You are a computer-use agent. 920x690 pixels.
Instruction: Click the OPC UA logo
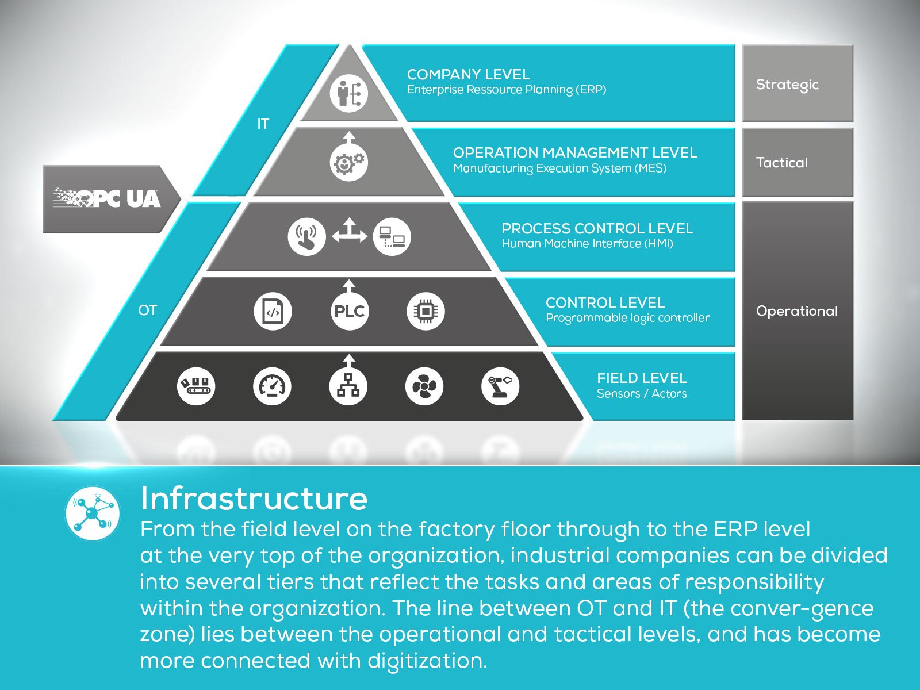108,198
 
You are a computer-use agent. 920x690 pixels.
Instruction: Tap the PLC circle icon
349,311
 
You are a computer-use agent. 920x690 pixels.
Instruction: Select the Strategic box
798,84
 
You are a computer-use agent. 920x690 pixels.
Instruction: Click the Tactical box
798,163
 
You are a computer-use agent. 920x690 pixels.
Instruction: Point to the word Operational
796,311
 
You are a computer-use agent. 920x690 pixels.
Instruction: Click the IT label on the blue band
263,124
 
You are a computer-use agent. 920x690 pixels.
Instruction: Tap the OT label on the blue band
147,310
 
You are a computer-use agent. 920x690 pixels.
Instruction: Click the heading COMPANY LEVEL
468,74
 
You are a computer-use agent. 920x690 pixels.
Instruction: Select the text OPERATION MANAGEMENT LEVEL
575,152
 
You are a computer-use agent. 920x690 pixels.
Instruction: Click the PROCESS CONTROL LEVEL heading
597,228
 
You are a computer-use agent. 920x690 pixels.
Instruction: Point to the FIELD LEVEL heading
642,378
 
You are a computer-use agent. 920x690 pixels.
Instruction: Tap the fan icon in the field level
424,386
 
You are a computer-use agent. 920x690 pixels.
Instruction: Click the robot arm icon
500,386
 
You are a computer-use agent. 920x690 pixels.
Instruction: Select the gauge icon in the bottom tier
272,386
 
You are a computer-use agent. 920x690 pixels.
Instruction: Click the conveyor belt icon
196,386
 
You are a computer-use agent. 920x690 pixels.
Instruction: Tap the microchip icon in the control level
425,311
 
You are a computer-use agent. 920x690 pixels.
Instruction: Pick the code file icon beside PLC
273,311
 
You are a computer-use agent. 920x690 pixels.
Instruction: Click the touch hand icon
306,236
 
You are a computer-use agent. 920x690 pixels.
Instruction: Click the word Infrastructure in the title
254,498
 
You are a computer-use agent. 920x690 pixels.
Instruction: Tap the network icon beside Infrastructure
93,512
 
